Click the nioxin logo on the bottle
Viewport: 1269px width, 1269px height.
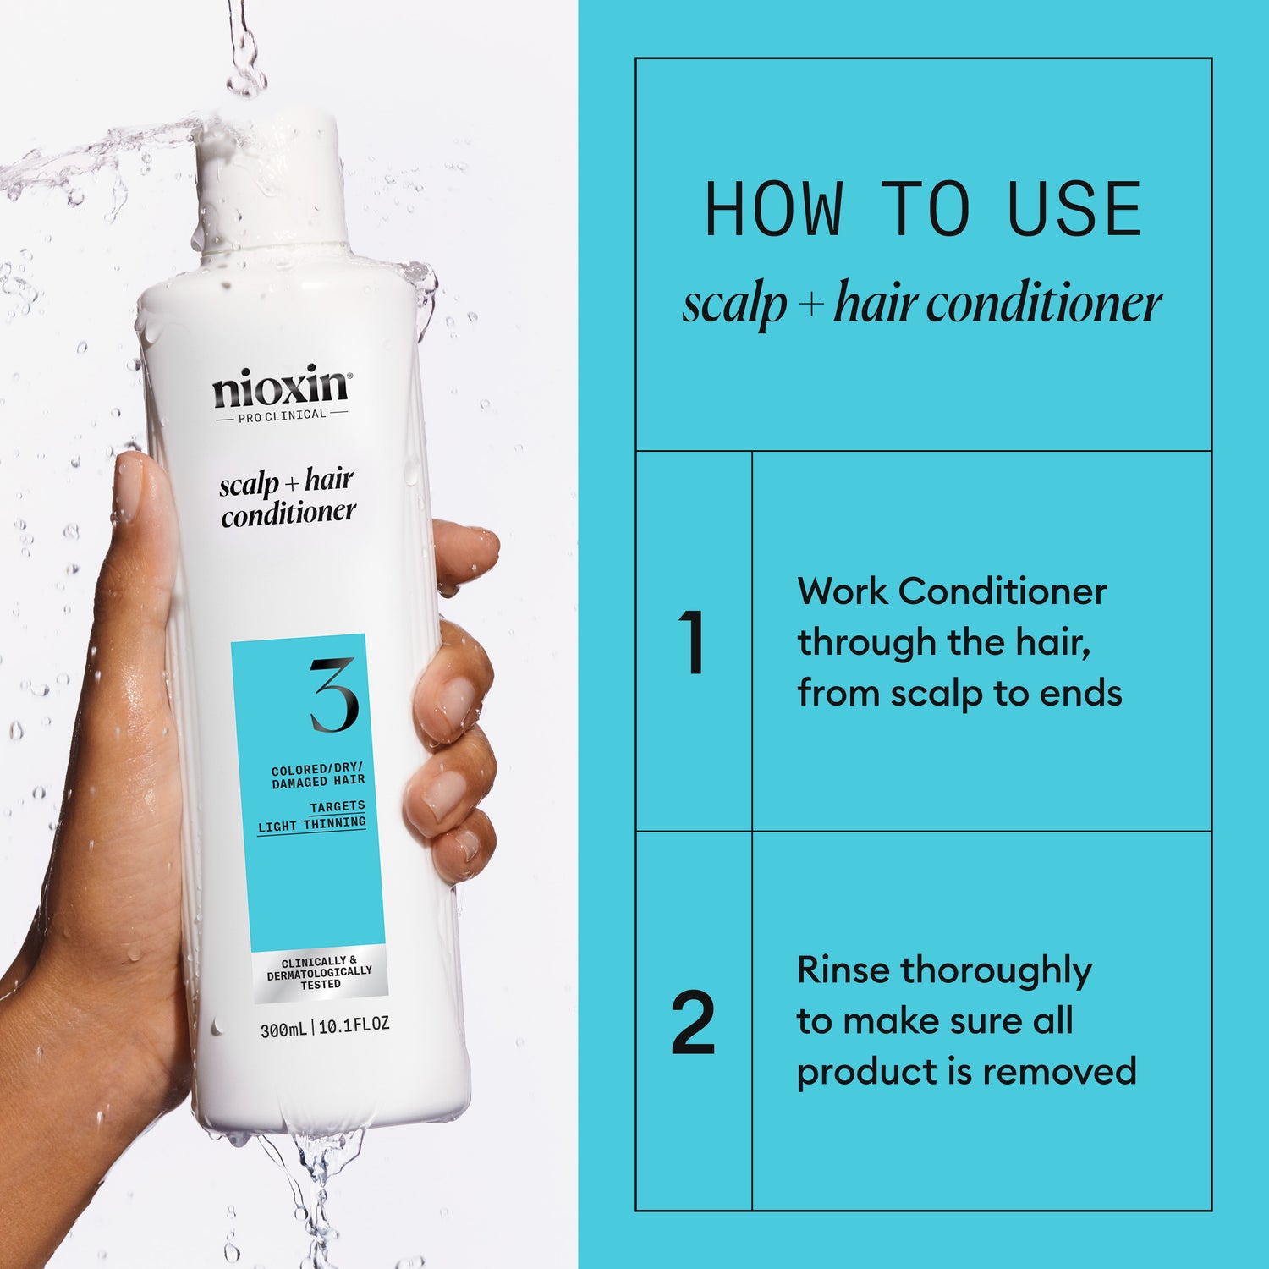click(x=280, y=387)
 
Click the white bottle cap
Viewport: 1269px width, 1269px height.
click(x=273, y=182)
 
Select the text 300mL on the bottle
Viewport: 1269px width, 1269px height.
click(x=283, y=1030)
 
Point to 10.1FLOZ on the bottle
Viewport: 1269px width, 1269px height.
click(x=354, y=1025)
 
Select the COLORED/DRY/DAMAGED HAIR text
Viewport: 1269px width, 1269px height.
click(x=318, y=776)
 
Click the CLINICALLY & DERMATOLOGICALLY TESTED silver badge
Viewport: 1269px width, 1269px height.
click(x=319, y=973)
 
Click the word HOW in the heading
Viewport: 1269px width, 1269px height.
click(x=773, y=210)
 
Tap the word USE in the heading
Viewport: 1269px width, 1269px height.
click(x=1074, y=210)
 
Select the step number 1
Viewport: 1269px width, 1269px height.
click(x=692, y=643)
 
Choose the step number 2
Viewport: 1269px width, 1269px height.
click(x=693, y=1023)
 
